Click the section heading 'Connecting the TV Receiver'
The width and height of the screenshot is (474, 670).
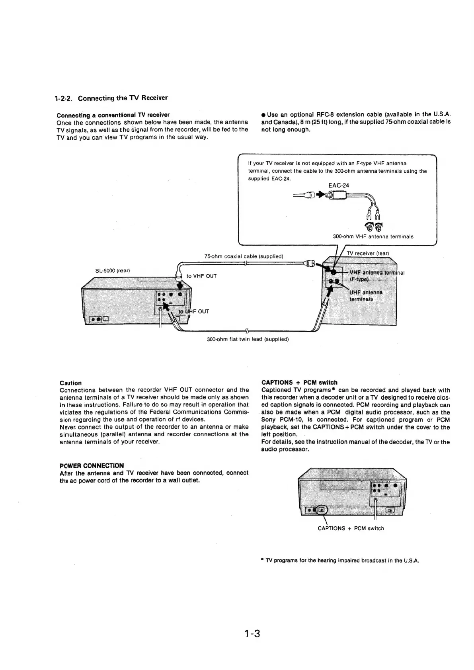coord(123,98)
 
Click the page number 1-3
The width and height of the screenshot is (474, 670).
coord(252,633)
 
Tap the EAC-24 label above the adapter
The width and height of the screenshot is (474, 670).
coord(339,186)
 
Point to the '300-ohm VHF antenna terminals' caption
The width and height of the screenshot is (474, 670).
coord(373,236)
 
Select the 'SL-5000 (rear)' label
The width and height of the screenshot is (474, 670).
coord(113,271)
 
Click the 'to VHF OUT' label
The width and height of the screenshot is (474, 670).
coord(202,276)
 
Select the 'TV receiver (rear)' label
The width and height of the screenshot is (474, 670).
coord(367,253)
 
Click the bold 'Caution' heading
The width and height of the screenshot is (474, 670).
coord(70,383)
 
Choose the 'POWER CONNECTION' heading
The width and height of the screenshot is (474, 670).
coord(92,465)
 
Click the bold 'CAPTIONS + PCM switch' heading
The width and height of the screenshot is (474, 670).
coord(299,383)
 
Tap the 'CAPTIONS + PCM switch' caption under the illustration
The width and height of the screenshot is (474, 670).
coord(351,528)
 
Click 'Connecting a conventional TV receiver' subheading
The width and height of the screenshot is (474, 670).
coord(113,115)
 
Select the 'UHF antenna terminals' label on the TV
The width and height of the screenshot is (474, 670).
coord(365,296)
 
